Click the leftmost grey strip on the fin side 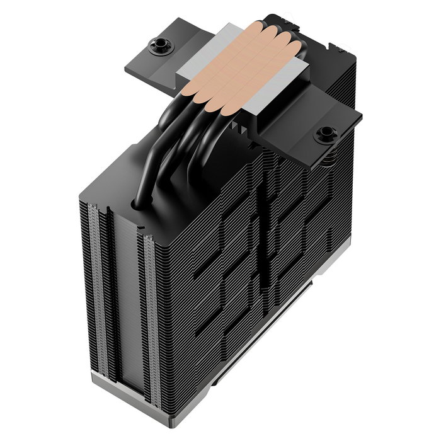pyautogui.click(x=92, y=290)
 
